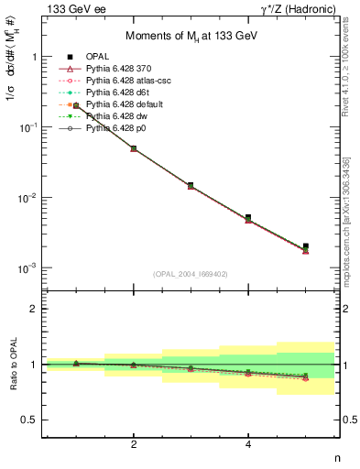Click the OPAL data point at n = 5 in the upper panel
point(306,246)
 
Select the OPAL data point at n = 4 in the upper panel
point(248,218)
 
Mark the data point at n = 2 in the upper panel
point(134,147)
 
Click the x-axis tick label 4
point(248,444)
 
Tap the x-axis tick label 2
point(134,444)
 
